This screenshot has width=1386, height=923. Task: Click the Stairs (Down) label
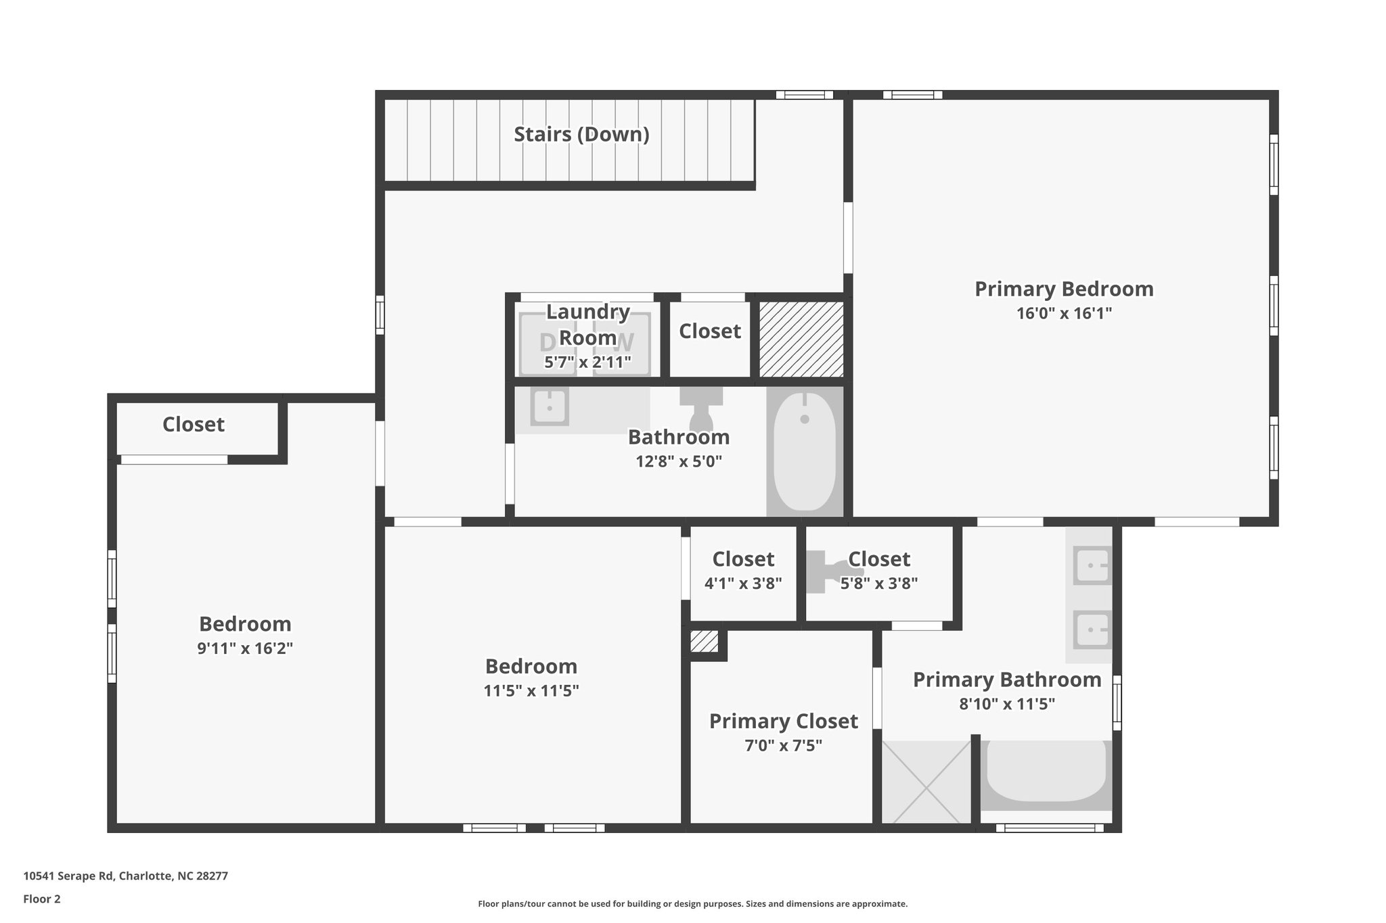tap(581, 135)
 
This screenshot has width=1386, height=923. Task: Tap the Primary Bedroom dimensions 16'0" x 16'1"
tap(1064, 314)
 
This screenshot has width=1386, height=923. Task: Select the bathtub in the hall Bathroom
tap(805, 451)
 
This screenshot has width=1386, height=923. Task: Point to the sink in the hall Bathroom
tap(550, 408)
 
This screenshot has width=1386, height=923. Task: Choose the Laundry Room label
tap(587, 324)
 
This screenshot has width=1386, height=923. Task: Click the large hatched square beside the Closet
tap(801, 339)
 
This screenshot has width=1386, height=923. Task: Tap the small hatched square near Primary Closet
tap(704, 642)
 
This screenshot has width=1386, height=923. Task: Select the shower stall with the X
tap(926, 782)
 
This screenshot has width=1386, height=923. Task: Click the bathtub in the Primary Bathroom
tap(1046, 775)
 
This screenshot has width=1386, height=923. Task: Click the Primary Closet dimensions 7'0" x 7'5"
tap(783, 746)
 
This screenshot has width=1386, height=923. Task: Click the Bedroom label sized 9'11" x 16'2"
tap(245, 624)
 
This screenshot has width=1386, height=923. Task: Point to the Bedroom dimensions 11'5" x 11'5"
tap(531, 691)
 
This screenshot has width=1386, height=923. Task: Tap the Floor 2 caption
tap(42, 899)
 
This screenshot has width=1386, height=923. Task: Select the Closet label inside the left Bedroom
tap(194, 425)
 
